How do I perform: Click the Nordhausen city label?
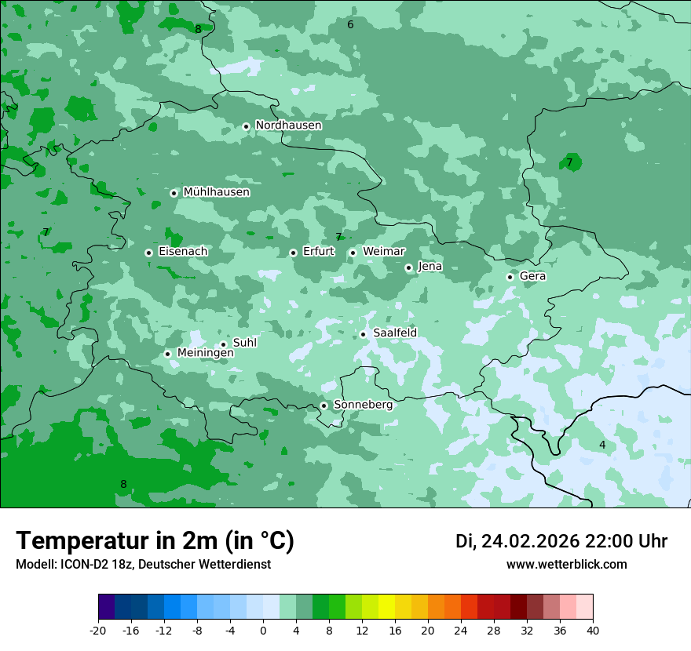point(288,125)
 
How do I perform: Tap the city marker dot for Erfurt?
point(293,253)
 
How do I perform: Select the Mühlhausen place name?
point(216,192)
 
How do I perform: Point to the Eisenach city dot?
point(148,253)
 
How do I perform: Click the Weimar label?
point(383,252)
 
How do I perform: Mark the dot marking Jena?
point(408,267)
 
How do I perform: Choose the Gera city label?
point(532,276)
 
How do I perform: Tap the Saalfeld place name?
point(394,333)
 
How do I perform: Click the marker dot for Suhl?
point(223,344)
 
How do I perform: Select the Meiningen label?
point(205,354)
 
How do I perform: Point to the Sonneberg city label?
point(363,406)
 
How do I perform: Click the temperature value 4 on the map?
point(602,446)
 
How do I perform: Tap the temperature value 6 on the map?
point(350,25)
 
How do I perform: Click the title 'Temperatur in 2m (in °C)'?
point(155,541)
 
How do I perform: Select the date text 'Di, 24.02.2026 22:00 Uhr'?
point(561,541)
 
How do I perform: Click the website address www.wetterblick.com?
point(566,565)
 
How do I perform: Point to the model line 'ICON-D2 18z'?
point(143,565)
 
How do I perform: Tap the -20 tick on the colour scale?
point(98,631)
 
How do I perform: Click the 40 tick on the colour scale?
point(592,631)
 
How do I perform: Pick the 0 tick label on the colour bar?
point(263,631)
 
